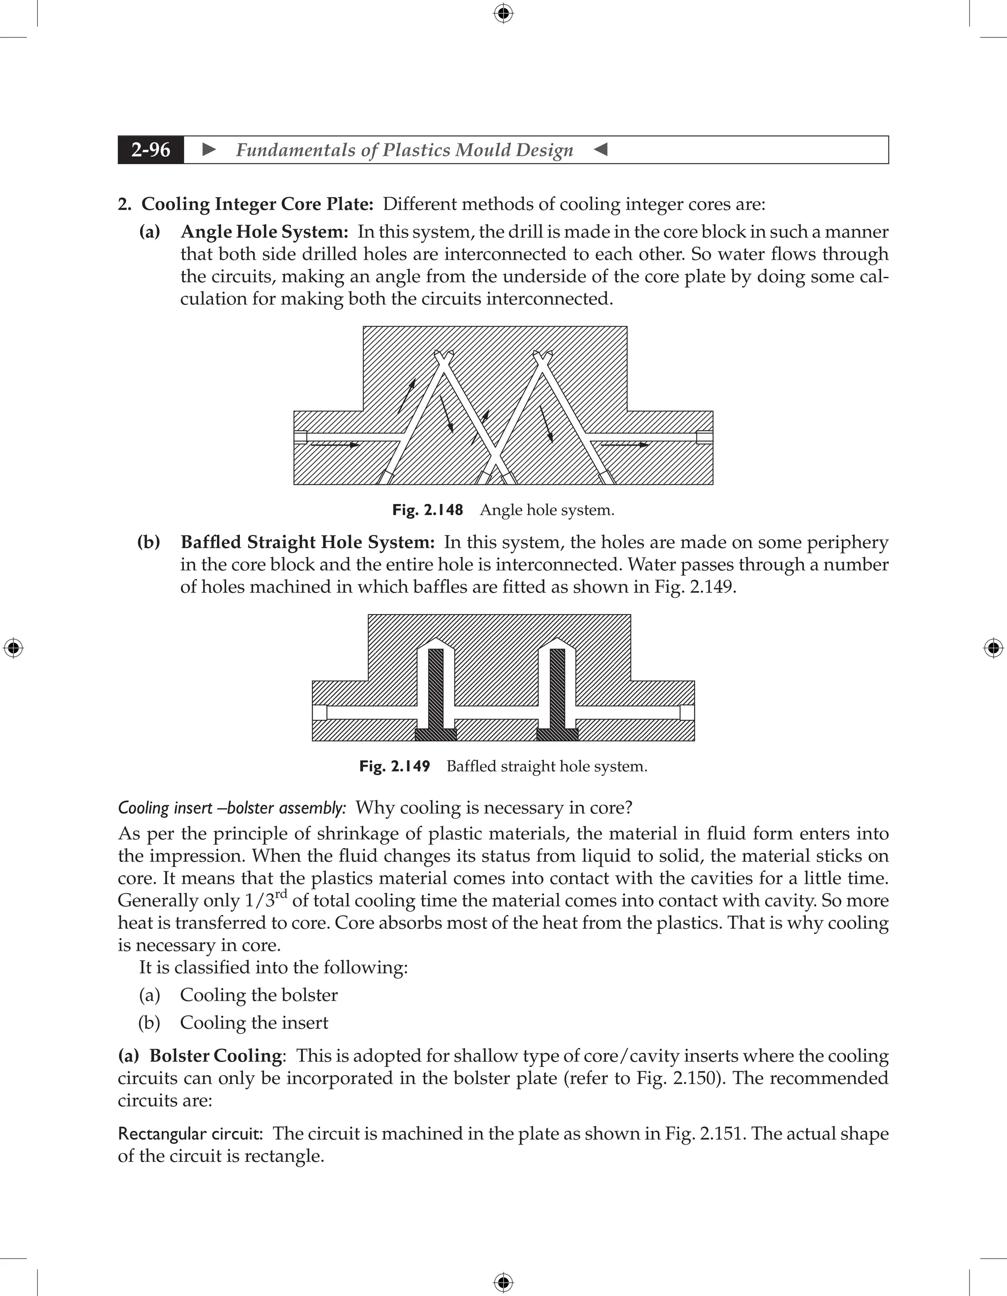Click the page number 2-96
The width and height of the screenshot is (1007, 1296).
(151, 149)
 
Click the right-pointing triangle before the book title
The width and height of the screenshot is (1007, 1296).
(209, 149)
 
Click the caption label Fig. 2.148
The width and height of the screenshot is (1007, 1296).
(427, 510)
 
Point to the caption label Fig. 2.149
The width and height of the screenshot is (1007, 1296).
(395, 766)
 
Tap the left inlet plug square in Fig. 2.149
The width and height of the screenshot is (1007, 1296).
(319, 712)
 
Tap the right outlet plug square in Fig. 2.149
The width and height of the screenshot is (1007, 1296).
(687, 712)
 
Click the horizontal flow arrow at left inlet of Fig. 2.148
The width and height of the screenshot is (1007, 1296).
(335, 444)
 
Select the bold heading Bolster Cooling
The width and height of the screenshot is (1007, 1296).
(215, 1056)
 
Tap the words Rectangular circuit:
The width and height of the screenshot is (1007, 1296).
(190, 1133)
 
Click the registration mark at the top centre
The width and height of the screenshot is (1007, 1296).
(503, 13)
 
